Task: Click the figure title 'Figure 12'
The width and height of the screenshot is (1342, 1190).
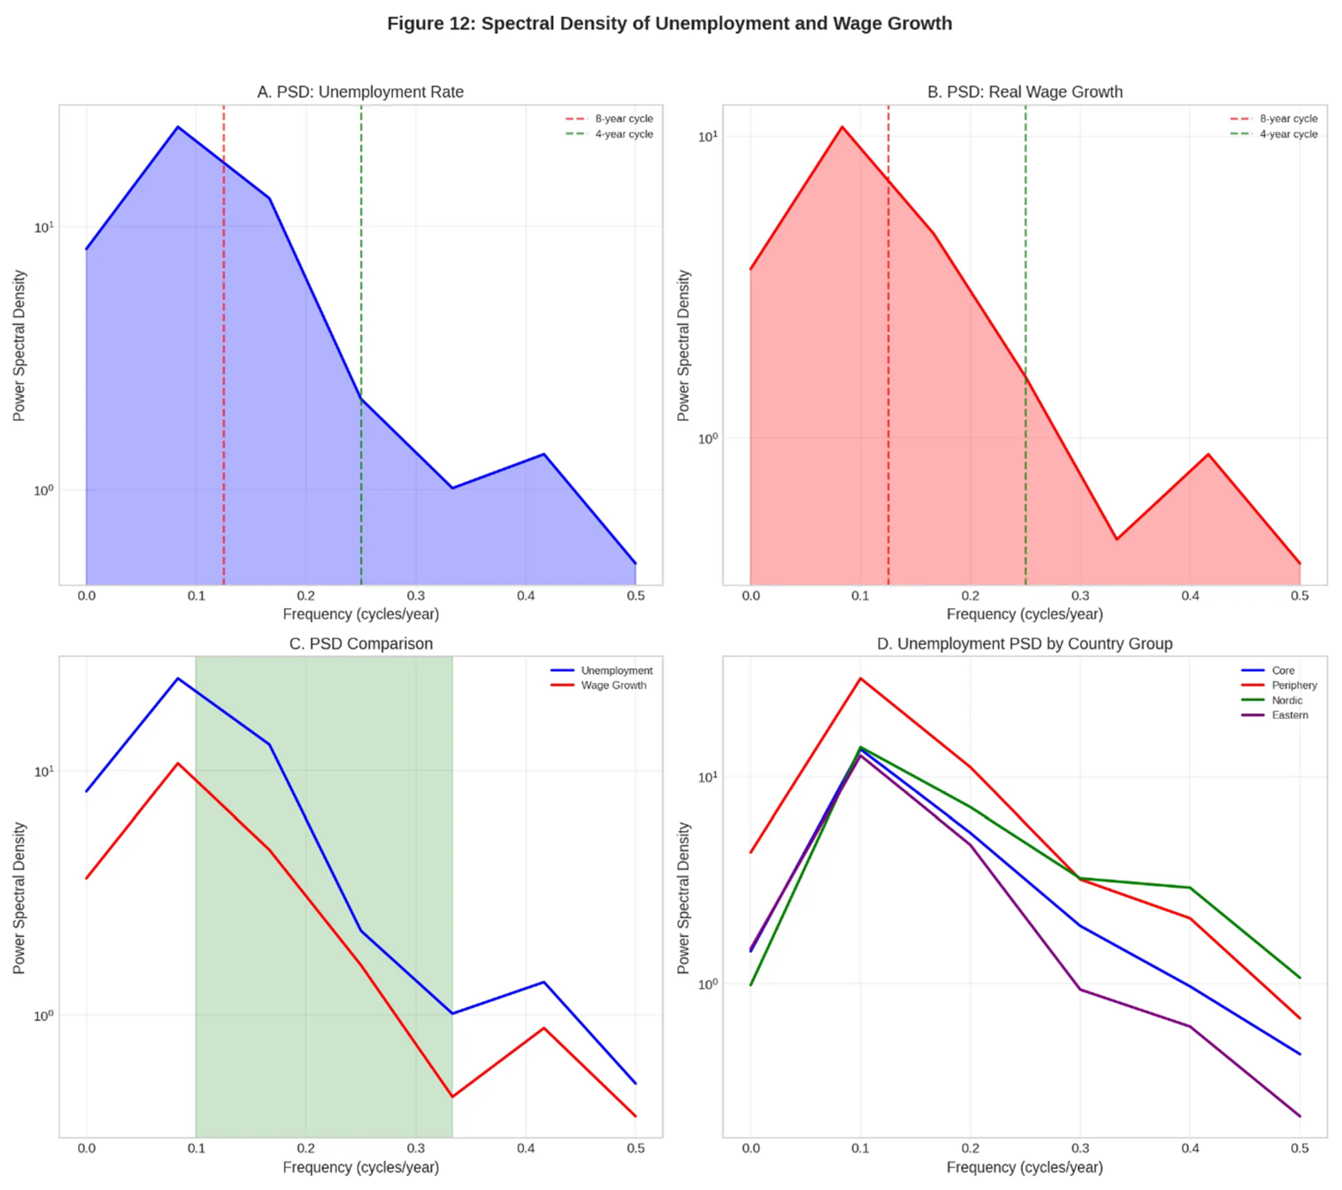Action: (x=669, y=24)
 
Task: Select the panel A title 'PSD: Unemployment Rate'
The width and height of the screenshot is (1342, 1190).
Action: (x=360, y=92)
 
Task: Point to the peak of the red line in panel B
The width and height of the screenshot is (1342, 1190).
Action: (x=842, y=127)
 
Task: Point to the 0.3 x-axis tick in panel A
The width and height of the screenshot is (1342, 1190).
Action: (x=416, y=596)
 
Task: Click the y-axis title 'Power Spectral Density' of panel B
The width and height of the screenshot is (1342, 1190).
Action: (x=683, y=345)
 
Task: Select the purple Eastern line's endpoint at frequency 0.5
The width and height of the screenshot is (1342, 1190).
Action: (x=1299, y=1116)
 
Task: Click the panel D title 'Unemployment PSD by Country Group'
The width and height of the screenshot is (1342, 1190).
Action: (x=1024, y=644)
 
